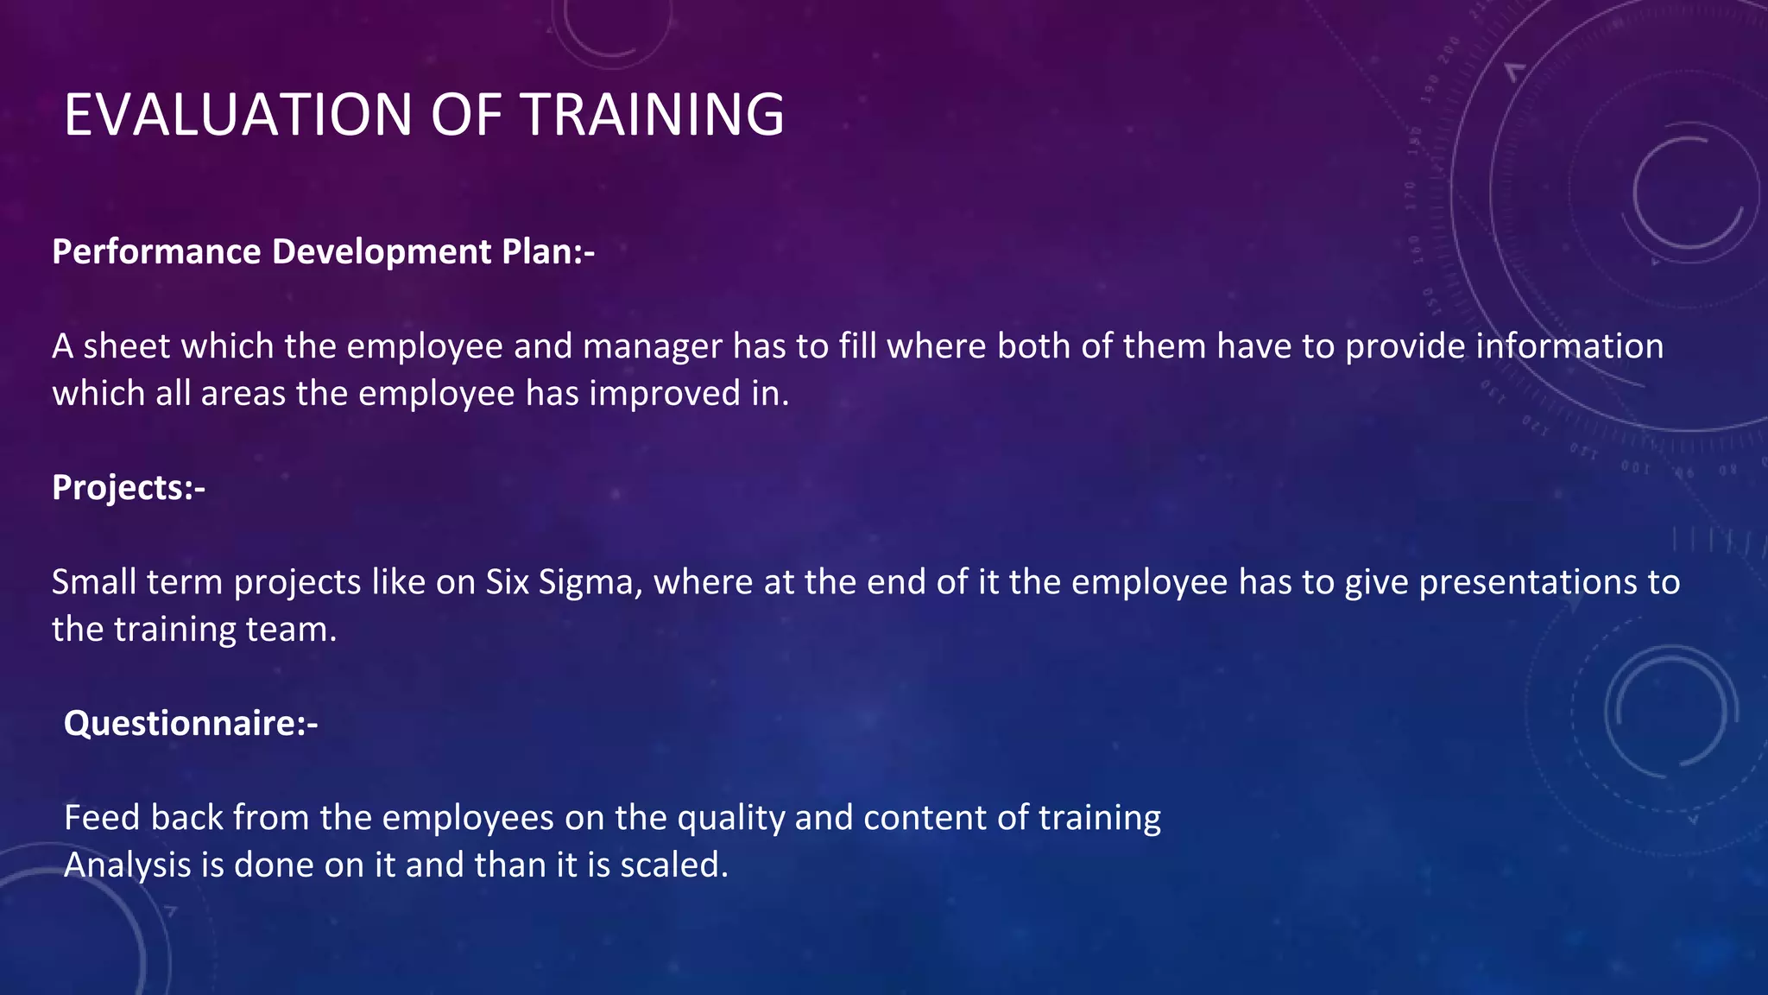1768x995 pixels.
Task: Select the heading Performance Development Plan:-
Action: (x=324, y=252)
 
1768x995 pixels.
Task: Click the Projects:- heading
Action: (x=129, y=488)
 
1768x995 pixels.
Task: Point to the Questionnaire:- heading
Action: (x=191, y=724)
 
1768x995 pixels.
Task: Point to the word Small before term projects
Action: (x=94, y=583)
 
